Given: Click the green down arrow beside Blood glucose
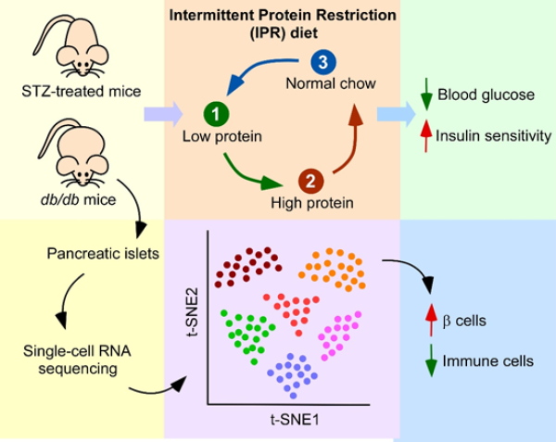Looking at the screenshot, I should (x=426, y=95).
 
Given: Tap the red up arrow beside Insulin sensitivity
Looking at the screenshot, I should (x=426, y=135).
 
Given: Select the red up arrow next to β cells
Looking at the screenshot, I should (x=430, y=321).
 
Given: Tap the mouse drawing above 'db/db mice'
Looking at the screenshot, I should (x=70, y=149).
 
